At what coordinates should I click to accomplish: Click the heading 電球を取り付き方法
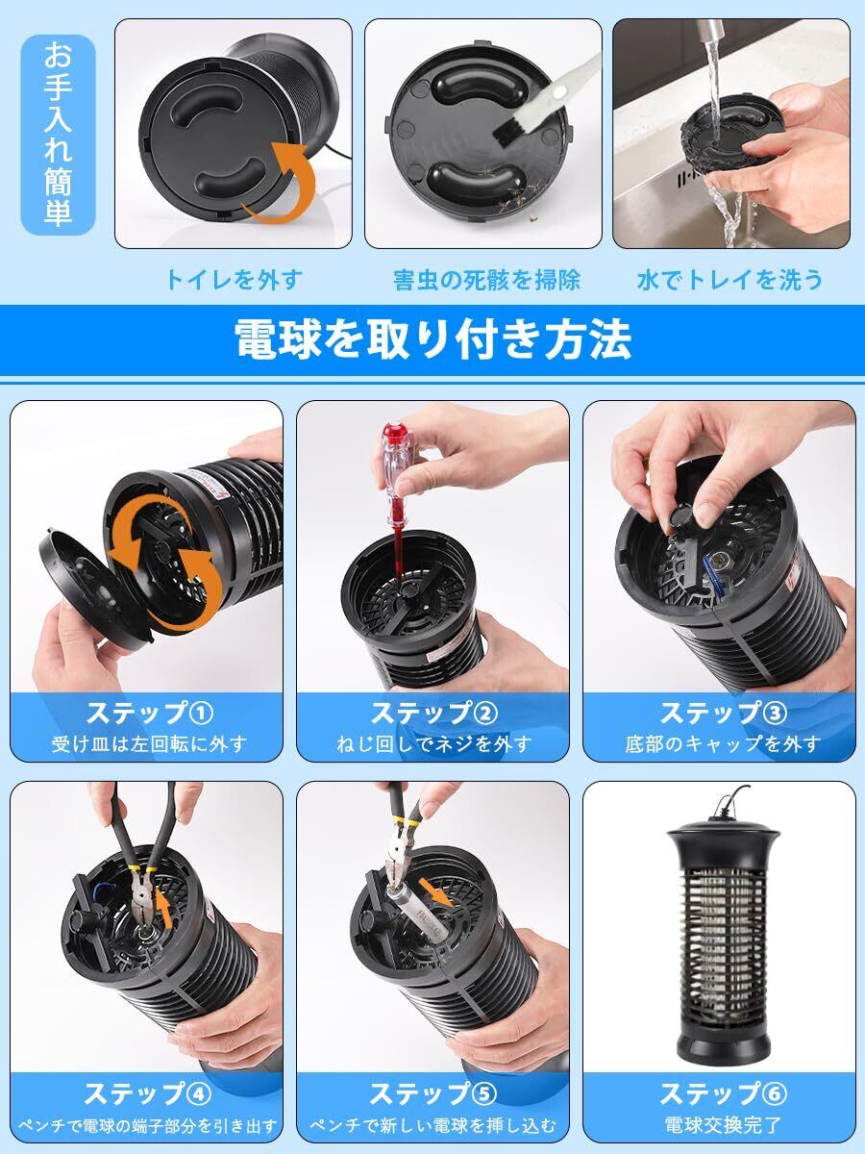(x=433, y=339)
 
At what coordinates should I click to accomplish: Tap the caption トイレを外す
(x=235, y=279)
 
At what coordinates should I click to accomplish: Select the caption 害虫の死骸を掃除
(x=487, y=280)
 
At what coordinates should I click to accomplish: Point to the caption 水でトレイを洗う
(x=729, y=280)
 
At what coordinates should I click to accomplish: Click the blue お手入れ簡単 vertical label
(x=58, y=135)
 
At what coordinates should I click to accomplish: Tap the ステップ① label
(x=150, y=714)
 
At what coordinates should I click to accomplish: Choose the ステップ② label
(x=433, y=714)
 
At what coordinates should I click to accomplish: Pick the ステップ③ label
(x=724, y=714)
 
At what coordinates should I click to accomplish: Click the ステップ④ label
(x=148, y=1094)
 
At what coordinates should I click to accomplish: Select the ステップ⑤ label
(x=433, y=1094)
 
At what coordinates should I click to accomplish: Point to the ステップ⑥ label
(x=724, y=1094)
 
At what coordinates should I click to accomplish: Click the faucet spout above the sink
(x=710, y=30)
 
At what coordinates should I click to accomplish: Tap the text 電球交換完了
(x=723, y=1126)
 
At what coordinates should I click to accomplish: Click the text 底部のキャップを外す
(x=723, y=744)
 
